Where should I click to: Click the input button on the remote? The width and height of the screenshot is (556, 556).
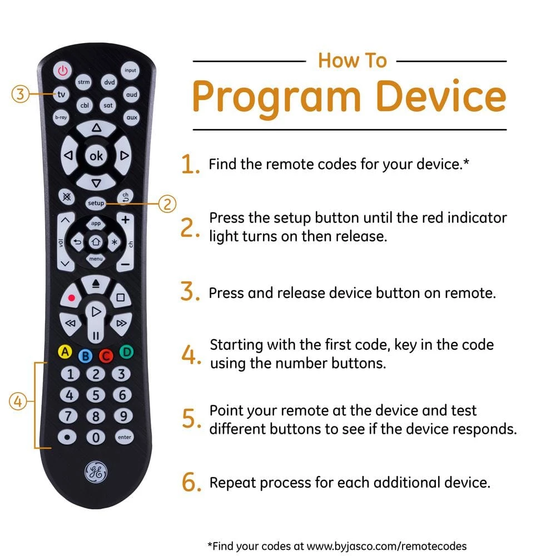pyautogui.click(x=130, y=70)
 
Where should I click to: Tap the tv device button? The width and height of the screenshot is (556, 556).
pyautogui.click(x=61, y=95)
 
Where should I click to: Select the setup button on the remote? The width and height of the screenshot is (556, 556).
pyautogui.click(x=96, y=203)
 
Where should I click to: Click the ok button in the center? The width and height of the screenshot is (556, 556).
pyautogui.click(x=96, y=156)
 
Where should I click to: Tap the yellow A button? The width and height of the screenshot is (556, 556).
pyautogui.click(x=65, y=352)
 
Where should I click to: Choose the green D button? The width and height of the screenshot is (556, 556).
pyautogui.click(x=127, y=352)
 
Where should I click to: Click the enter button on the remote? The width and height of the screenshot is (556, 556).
pyautogui.click(x=125, y=437)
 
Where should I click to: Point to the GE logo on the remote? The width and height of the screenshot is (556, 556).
pyautogui.click(x=96, y=472)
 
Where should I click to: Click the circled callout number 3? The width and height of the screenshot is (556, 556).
pyautogui.click(x=20, y=94)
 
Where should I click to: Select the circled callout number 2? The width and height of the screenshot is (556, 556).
pyautogui.click(x=167, y=204)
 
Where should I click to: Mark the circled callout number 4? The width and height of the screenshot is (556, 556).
pyautogui.click(x=18, y=401)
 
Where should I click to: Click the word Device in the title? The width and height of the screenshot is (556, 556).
pyautogui.click(x=441, y=96)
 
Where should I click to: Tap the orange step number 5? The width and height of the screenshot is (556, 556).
pyautogui.click(x=190, y=419)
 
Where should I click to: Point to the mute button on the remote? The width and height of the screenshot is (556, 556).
pyautogui.click(x=67, y=196)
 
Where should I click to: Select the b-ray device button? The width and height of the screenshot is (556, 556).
pyautogui.click(x=61, y=117)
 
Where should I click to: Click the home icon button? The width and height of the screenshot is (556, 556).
pyautogui.click(x=96, y=242)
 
